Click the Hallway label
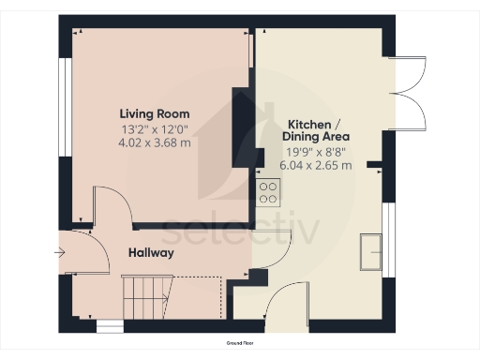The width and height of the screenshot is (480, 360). point(150,253)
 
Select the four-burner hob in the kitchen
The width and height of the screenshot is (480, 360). point(268,192)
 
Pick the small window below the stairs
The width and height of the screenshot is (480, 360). point(110,327)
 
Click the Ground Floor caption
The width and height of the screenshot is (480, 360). point(240,344)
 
